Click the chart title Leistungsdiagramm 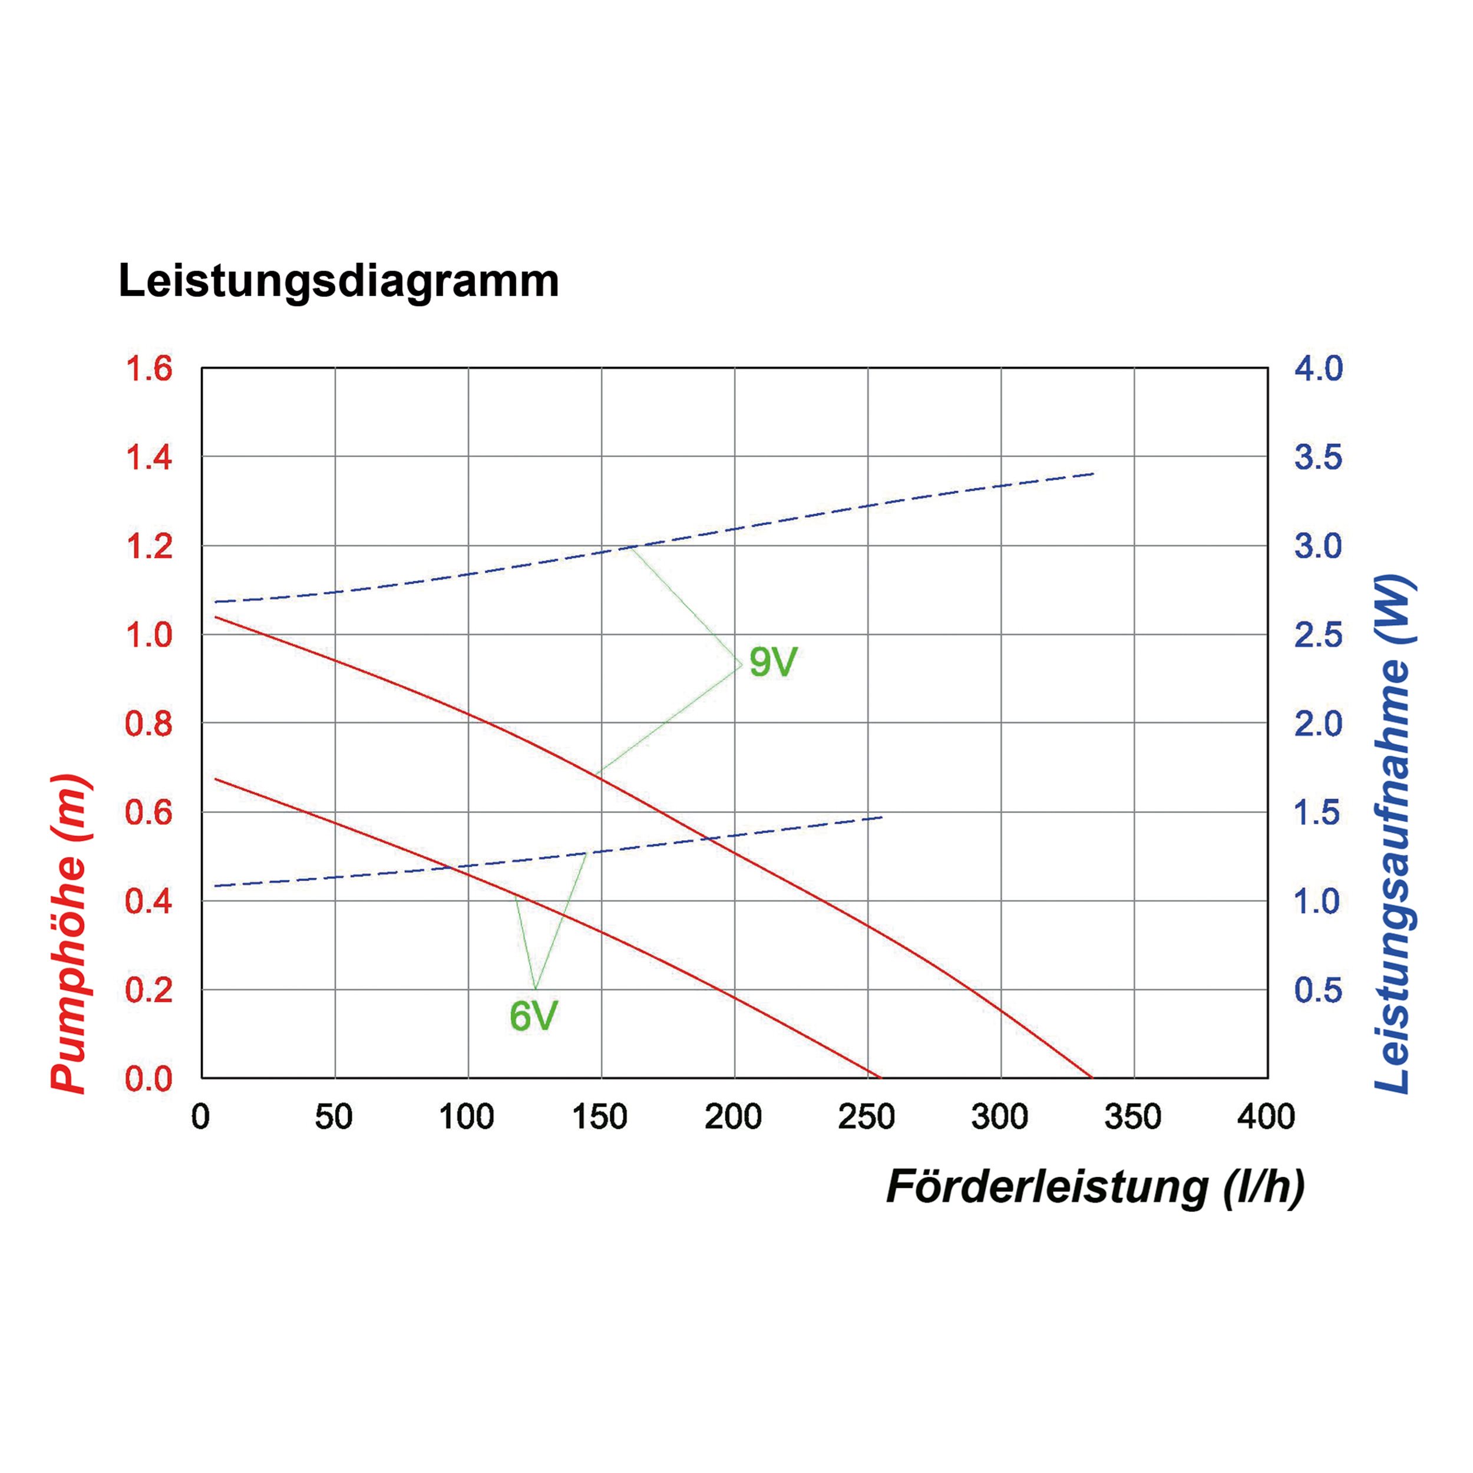(339, 281)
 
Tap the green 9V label (772, 662)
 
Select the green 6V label (534, 1016)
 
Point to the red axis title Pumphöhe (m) (70, 933)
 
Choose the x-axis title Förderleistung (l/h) (1095, 1187)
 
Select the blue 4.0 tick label (1318, 369)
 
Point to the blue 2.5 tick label (1318, 635)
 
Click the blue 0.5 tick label (1318, 990)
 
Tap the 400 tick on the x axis (1266, 1118)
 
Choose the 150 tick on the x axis (600, 1118)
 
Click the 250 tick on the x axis (867, 1118)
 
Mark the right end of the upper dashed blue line (1094, 474)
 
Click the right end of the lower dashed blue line (882, 817)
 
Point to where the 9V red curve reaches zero (1092, 1077)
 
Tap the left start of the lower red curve (216, 778)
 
